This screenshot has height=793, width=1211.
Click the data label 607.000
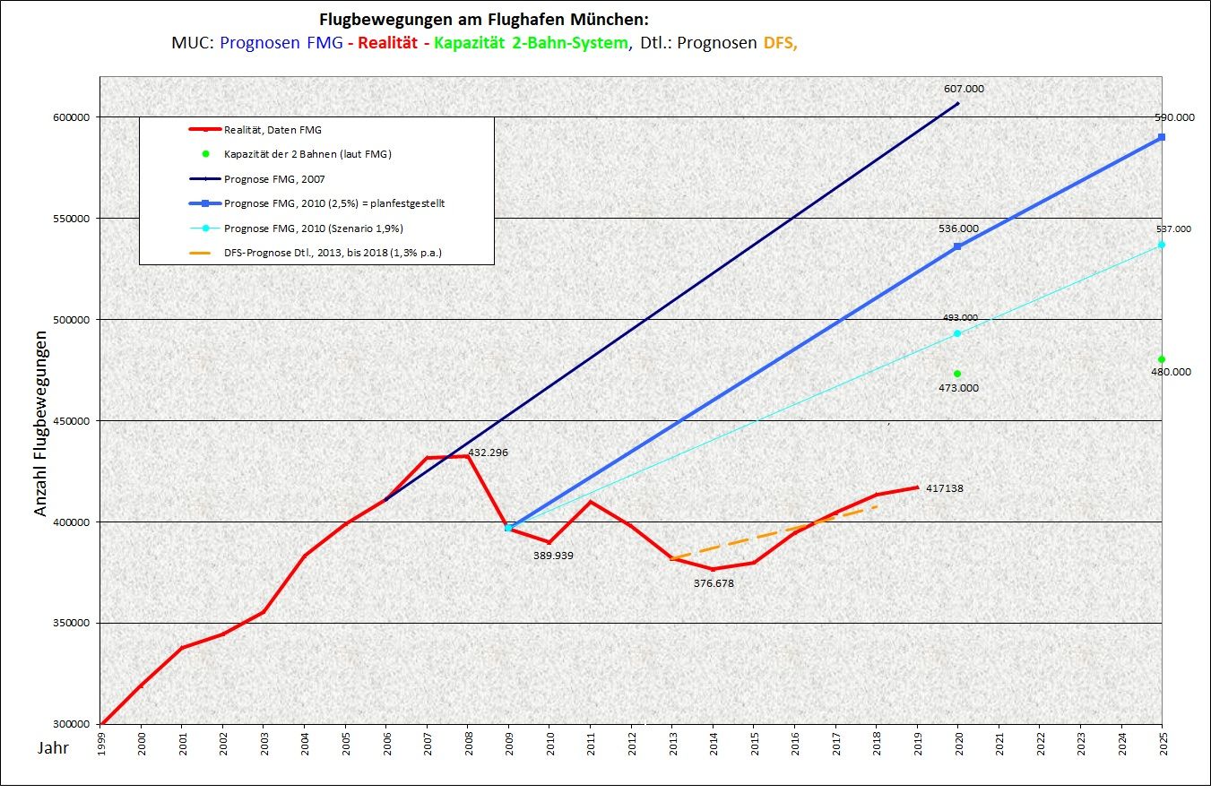[x=964, y=89]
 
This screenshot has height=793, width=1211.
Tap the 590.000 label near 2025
[x=1174, y=117]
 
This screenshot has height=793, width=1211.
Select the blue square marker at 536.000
[x=957, y=246]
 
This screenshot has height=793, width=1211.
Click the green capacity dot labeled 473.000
[x=957, y=374]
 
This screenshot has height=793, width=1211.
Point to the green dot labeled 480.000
[x=1162, y=359]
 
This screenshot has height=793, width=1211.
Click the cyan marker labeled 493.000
[x=957, y=333]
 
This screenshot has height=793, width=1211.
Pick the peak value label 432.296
[x=489, y=453]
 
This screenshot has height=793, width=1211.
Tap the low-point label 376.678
[x=714, y=582]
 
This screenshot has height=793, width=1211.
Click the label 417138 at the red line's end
[x=945, y=488]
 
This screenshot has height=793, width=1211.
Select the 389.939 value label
[x=553, y=556]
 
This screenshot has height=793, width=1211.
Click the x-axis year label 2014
[x=714, y=746]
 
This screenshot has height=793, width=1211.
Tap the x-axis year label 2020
[x=958, y=746]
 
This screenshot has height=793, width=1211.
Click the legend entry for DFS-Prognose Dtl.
[x=333, y=253]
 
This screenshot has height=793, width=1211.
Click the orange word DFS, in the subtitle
[x=779, y=42]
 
